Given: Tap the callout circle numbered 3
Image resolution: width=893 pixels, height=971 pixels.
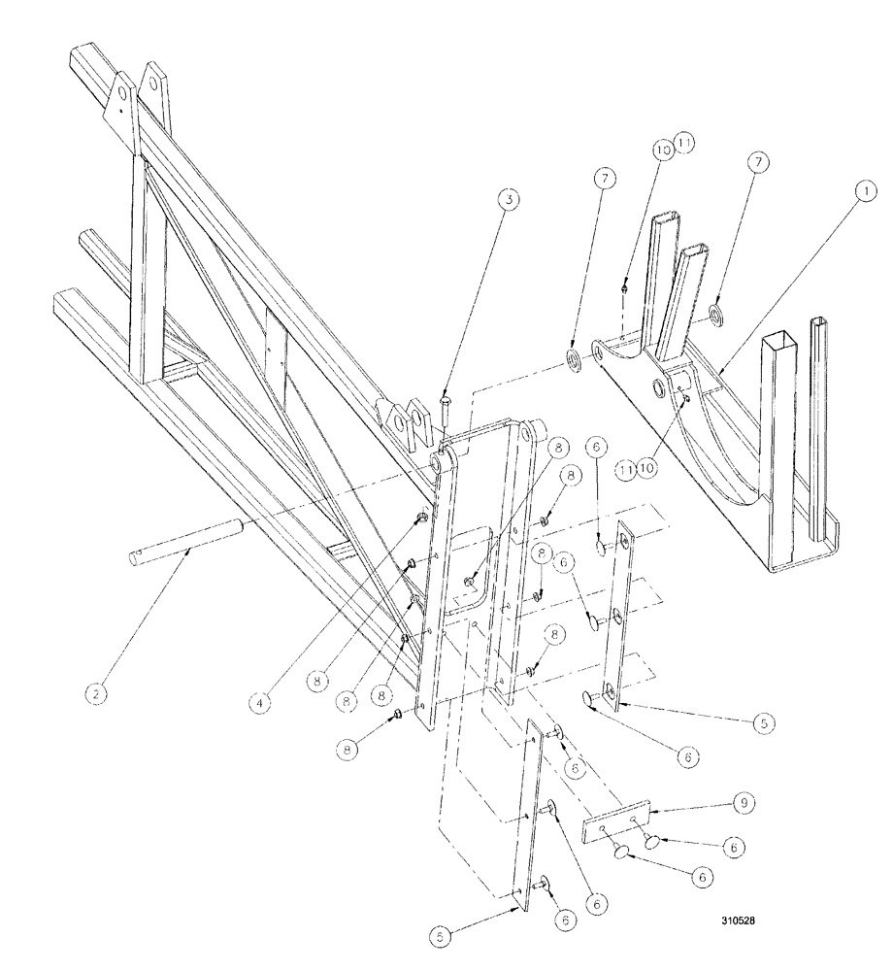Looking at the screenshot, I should coord(509,199).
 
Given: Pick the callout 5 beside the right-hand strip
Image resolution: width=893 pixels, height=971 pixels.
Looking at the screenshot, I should coord(763,722).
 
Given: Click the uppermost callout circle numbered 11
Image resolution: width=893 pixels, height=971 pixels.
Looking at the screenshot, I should coord(685,143).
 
